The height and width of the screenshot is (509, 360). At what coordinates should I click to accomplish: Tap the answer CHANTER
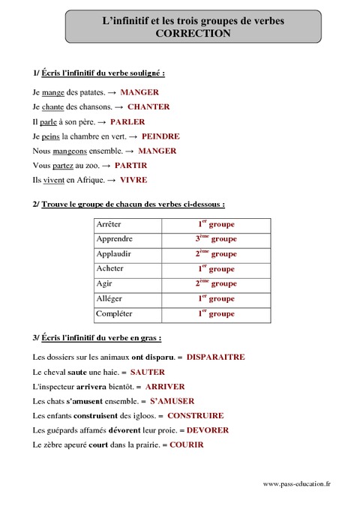pos(148,107)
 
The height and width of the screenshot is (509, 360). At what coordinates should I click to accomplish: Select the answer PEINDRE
pos(160,136)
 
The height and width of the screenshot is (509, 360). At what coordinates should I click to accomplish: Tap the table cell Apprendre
pos(115,239)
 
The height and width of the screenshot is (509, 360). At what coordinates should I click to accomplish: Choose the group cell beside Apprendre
pos(217,239)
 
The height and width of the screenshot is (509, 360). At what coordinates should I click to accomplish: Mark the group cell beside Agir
pos(217,283)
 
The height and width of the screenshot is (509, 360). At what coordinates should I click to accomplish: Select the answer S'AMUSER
pos(178,401)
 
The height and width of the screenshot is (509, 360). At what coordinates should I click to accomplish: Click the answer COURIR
pos(186,445)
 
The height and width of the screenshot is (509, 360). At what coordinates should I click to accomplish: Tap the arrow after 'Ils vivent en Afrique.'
pos(111,181)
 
